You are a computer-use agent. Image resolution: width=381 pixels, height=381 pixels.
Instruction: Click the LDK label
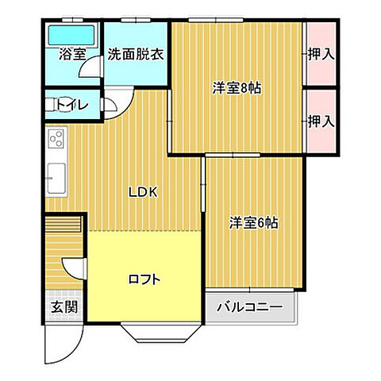[146, 191]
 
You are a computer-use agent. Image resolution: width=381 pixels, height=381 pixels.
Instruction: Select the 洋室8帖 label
[236, 88]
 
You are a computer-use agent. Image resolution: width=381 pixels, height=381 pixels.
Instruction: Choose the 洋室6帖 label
[254, 223]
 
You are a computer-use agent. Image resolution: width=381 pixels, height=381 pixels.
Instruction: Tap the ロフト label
[145, 279]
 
